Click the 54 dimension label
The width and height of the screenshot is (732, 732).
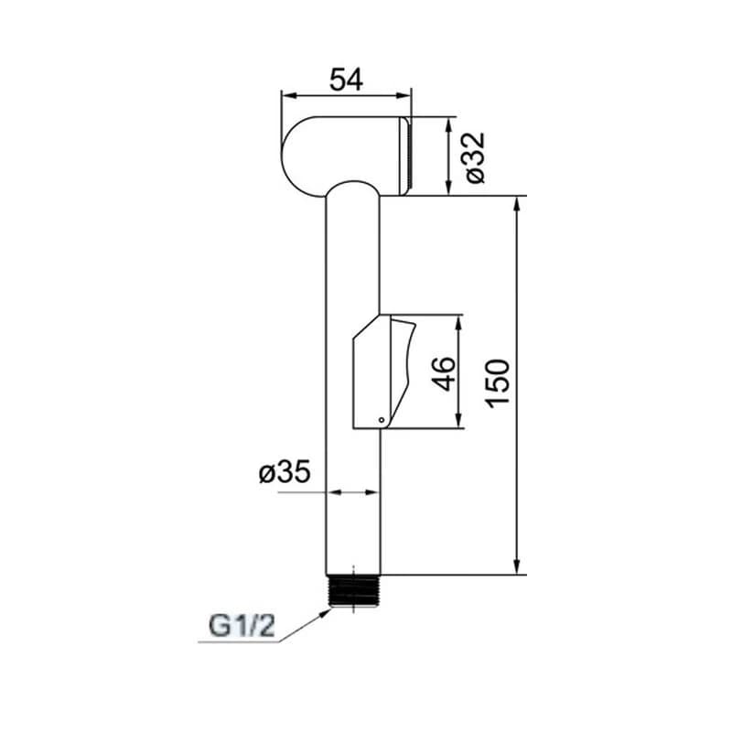(x=346, y=80)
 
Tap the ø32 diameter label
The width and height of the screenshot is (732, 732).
(x=475, y=157)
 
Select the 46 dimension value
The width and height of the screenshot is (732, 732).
(x=444, y=373)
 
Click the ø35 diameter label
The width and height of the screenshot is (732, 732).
(x=285, y=471)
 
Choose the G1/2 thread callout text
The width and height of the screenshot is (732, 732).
(x=242, y=626)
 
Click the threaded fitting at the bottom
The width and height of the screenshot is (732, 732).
(x=354, y=590)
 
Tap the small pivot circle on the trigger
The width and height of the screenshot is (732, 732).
(x=382, y=420)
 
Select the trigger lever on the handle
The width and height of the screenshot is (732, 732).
(x=402, y=369)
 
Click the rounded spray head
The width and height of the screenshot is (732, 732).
(x=346, y=155)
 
